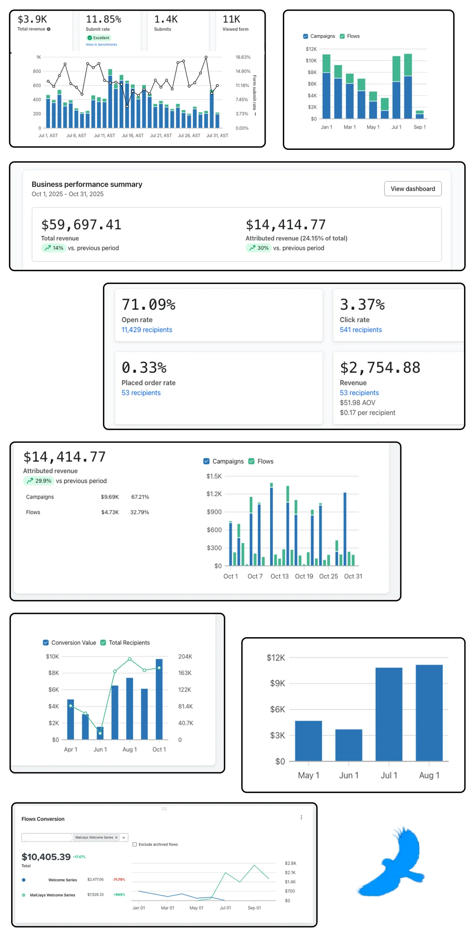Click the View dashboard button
click(413, 189)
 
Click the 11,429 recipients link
click(147, 330)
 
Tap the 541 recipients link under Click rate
click(361, 330)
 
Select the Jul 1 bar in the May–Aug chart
click(389, 714)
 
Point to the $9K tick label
click(277, 683)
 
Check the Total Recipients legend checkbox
click(103, 643)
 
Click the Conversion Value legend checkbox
click(46, 643)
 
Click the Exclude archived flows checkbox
click(134, 845)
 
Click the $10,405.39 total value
click(46, 857)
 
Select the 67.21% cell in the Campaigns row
click(140, 497)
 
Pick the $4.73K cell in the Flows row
click(110, 512)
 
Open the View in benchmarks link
click(101, 44)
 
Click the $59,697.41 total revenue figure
click(81, 225)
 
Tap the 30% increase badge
click(258, 248)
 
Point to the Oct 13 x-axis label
click(280, 576)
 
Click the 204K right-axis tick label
click(185, 657)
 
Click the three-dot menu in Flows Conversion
click(301, 818)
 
